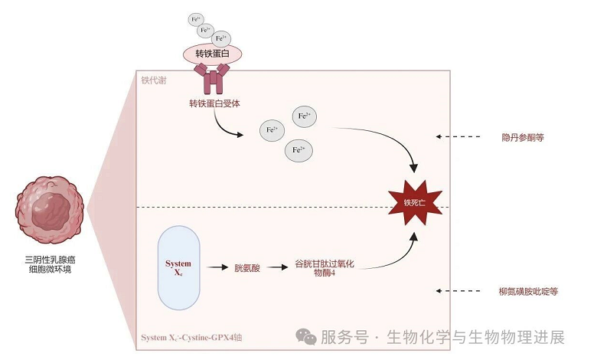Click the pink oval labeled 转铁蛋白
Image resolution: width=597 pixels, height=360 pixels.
pyautogui.click(x=212, y=54)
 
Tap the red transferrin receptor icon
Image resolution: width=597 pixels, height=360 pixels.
pyautogui.click(x=212, y=80)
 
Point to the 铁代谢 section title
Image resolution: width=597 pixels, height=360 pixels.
pyautogui.click(x=154, y=79)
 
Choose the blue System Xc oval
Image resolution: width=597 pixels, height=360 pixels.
pyautogui.click(x=178, y=268)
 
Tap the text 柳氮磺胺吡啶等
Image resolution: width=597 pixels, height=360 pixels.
pyautogui.click(x=528, y=291)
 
